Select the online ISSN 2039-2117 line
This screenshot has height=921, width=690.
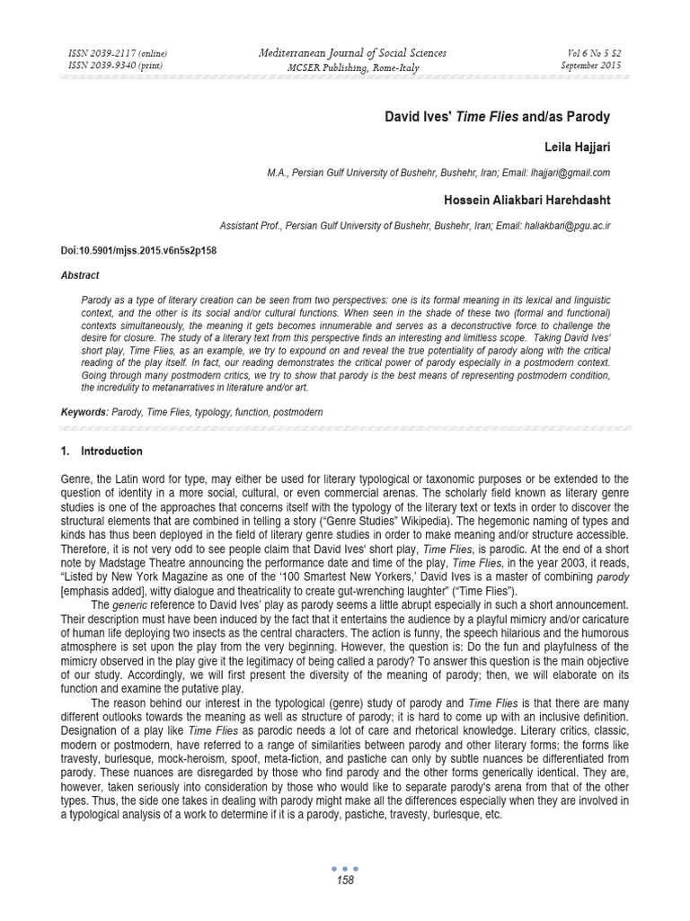(x=117, y=55)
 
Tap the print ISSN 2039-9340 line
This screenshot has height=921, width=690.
(x=115, y=66)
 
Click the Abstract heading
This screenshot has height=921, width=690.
(x=81, y=275)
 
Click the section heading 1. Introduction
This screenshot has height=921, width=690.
(x=105, y=451)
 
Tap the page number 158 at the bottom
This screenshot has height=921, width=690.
(x=344, y=881)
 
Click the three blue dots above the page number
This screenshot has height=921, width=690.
(x=344, y=869)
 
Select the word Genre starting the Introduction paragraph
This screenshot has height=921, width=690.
(x=75, y=478)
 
